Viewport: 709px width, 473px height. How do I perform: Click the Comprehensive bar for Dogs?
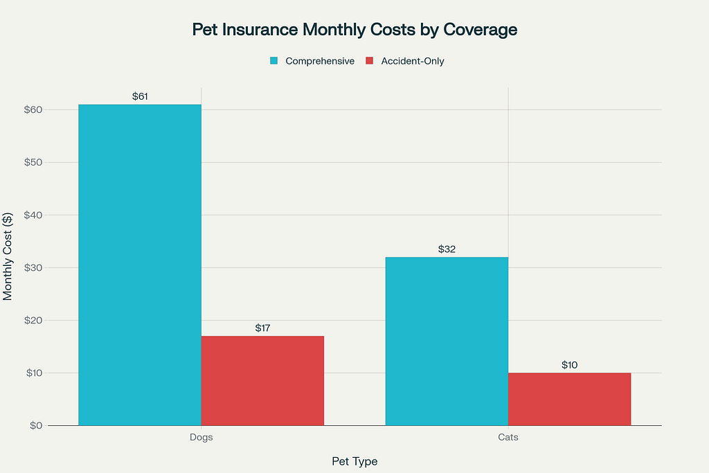140,265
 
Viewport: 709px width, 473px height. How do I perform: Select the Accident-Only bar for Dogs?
262,380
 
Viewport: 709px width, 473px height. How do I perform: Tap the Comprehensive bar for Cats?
447,341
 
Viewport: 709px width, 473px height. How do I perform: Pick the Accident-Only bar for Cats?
569,399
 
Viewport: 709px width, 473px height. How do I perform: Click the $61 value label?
140,96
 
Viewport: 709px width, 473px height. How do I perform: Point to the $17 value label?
262,328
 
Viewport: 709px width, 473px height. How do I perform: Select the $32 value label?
447,249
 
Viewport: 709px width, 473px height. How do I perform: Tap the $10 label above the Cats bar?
569,365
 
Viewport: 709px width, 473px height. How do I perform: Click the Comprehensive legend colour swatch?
274,61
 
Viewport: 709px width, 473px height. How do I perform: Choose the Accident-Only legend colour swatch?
369,61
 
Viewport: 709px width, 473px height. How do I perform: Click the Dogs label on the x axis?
201,438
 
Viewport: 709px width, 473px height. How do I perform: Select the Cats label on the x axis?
508,438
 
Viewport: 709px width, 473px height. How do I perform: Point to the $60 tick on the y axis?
33,109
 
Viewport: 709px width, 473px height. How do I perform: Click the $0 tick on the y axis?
36,425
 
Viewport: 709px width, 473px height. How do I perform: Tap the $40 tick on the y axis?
33,215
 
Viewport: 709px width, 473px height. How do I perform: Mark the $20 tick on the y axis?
33,320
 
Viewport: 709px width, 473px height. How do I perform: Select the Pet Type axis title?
354,461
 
